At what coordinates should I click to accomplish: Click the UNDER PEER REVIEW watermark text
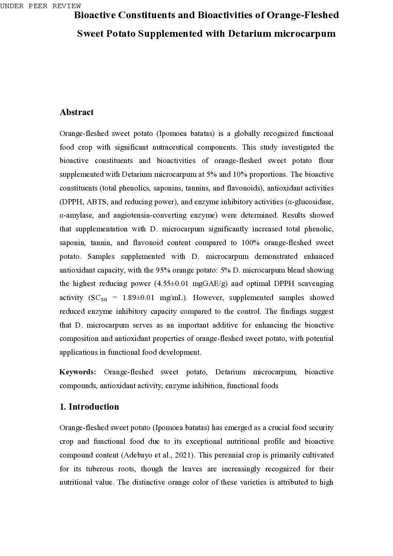tap(40, 6)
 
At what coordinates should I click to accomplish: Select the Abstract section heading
tap(77, 112)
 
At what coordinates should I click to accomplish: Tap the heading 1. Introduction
tap(89, 407)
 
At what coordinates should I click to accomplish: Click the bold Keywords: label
tap(78, 372)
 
